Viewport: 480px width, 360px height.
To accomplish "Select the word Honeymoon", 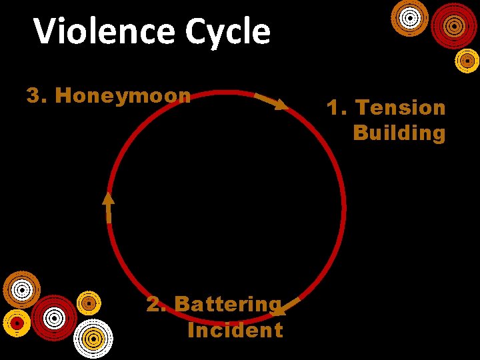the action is click(123, 95).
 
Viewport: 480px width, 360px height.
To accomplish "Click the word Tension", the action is click(400, 107).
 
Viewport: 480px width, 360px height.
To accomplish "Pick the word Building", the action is click(399, 133).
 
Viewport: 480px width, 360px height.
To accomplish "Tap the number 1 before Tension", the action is click(334, 107).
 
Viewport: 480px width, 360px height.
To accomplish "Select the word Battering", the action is click(228, 304).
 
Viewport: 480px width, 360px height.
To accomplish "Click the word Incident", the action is click(235, 330).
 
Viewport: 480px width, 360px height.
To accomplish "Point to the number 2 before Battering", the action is click(155, 304).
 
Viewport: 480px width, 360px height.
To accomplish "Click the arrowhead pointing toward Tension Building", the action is click(282, 105).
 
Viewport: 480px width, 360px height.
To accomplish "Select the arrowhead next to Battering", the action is click(279, 309).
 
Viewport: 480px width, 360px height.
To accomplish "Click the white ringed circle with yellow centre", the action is click(93, 338).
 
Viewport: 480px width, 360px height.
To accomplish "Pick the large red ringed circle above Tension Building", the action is click(454, 25).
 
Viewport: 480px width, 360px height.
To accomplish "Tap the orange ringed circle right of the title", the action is click(409, 17).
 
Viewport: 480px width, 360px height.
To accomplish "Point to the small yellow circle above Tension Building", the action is click(467, 61).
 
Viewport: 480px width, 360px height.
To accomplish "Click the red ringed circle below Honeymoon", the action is click(54, 317).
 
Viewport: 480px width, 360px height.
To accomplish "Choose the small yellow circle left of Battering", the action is click(88, 303).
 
